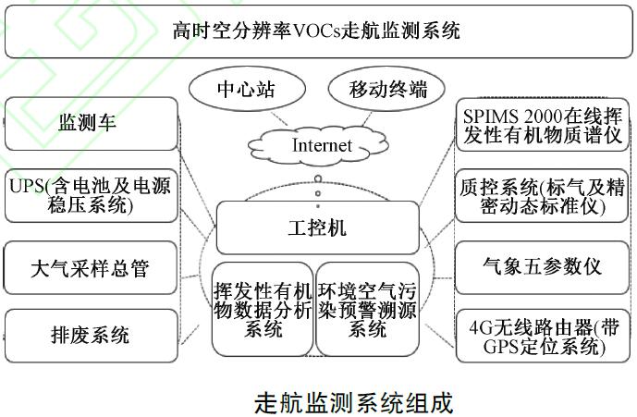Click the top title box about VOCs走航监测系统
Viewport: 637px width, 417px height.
coord(317,31)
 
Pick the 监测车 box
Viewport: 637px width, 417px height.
coord(90,123)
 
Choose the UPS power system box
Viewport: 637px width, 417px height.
coord(90,195)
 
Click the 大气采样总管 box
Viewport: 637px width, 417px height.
coord(90,269)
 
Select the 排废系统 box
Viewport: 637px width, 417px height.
coord(90,335)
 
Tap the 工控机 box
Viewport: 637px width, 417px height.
coord(317,226)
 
